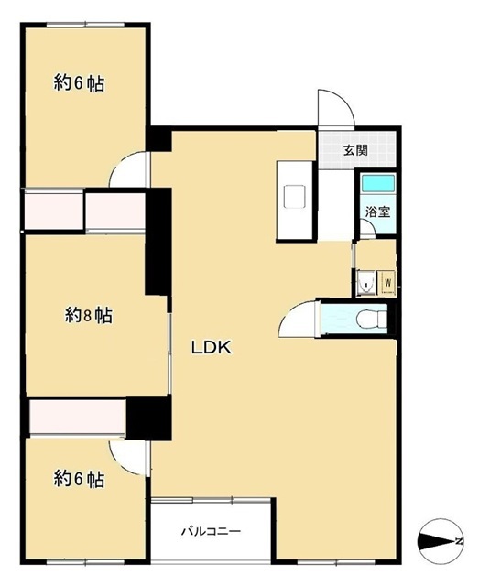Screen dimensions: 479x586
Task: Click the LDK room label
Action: [212, 348]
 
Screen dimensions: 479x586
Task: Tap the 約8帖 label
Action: [89, 316]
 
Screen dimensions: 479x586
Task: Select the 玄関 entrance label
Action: [355, 150]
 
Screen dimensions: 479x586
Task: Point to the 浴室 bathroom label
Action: [377, 212]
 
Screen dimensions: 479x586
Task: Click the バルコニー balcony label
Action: [211, 531]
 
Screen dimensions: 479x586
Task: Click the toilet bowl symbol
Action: [370, 320]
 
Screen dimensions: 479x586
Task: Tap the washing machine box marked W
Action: [387, 283]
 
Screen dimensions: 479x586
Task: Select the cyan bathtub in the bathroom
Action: [377, 183]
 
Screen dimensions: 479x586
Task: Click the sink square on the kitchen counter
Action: [295, 197]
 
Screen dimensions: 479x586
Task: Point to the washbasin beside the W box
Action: [365, 283]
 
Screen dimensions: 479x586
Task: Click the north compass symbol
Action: [441, 541]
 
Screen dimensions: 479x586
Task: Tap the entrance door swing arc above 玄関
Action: [335, 108]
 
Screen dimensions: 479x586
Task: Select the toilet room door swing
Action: [298, 319]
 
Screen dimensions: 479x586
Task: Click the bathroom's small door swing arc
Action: [367, 227]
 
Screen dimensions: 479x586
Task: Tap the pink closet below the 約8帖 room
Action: [78, 417]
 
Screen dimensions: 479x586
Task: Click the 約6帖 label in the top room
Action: [79, 82]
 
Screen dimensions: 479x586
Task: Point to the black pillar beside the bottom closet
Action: [148, 418]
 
